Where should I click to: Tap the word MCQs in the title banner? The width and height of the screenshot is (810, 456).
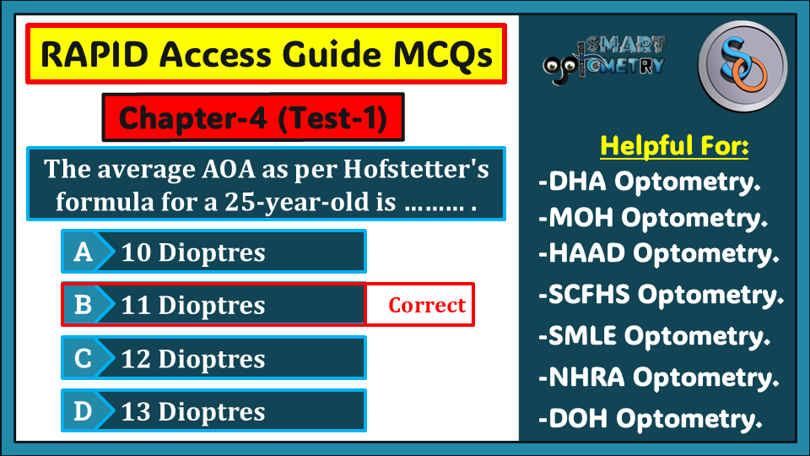(443, 54)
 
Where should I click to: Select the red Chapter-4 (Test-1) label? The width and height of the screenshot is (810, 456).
(253, 117)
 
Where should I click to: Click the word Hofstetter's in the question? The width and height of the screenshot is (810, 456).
(416, 169)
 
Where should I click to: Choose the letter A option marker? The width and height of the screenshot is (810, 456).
(84, 252)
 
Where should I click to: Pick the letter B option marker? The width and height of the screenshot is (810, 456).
(84, 305)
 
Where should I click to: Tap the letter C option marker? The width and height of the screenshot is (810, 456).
(84, 358)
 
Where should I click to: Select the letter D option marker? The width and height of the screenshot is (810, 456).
(84, 411)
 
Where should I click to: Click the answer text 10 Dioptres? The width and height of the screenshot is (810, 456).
(193, 252)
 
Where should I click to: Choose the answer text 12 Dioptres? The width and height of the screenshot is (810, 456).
(193, 359)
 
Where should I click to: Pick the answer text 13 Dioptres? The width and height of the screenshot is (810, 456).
(193, 412)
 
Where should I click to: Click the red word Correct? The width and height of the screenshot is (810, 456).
(427, 305)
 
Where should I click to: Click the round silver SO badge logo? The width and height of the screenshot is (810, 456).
(742, 66)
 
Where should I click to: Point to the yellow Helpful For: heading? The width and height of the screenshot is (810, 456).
(674, 145)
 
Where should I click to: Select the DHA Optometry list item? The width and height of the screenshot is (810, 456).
(650, 182)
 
